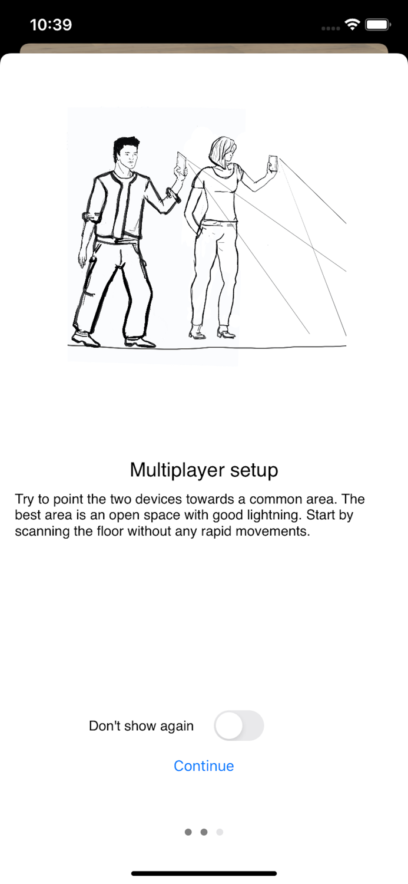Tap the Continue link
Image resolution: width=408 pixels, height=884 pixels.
(204, 766)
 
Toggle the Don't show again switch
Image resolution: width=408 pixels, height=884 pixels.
(239, 725)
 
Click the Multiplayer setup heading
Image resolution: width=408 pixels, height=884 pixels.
(204, 470)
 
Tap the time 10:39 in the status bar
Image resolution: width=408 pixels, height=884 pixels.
(51, 25)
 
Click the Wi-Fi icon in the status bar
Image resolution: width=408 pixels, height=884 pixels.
(352, 25)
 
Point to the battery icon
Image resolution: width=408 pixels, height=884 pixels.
(377, 25)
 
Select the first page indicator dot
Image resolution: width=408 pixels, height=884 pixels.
(188, 832)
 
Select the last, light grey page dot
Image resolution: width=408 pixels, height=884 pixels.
(220, 832)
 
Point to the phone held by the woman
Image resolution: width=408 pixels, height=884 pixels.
(273, 163)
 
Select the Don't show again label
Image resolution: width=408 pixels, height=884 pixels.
(141, 725)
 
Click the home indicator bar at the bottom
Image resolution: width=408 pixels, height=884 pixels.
(204, 873)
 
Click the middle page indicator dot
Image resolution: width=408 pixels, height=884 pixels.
(204, 832)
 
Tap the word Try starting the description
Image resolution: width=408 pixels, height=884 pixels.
(25, 500)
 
